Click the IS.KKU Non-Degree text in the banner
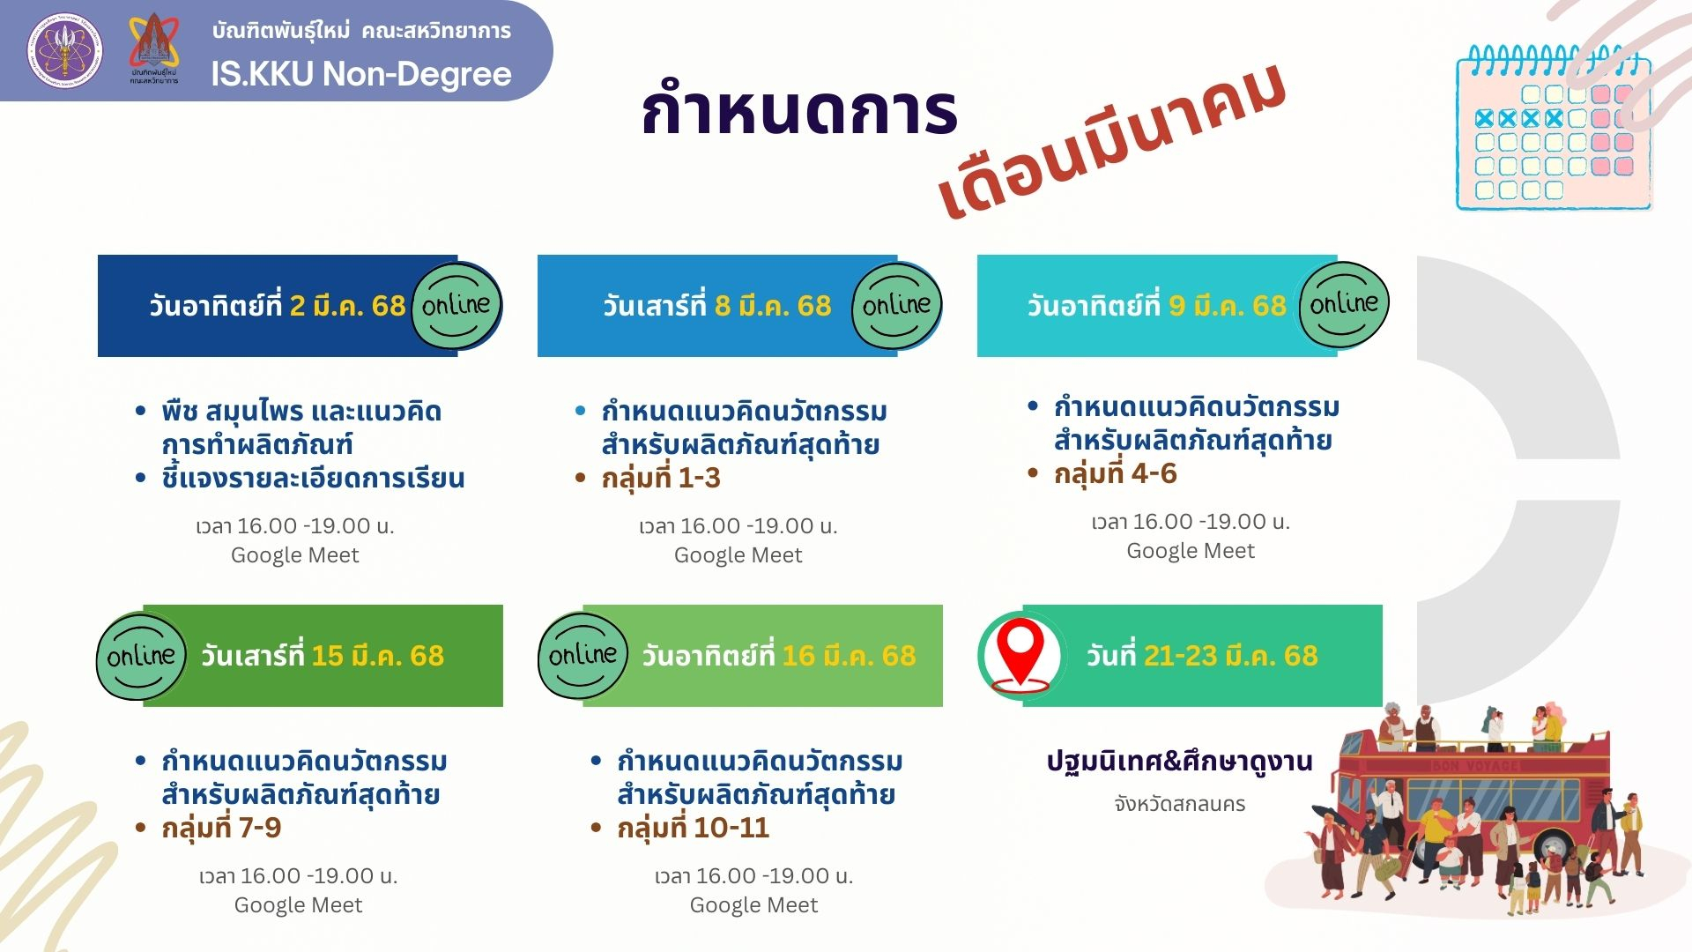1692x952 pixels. pyautogui.click(x=361, y=74)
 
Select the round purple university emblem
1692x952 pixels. pyautogui.click(x=63, y=50)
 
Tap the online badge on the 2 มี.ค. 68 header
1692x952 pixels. pyautogui.click(x=456, y=305)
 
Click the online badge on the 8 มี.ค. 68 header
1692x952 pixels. pyautogui.click(x=897, y=305)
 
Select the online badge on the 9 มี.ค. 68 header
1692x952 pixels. pyautogui.click(x=1344, y=304)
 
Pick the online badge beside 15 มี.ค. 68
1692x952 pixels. pyautogui.click(x=141, y=656)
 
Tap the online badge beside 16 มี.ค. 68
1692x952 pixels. pyautogui.click(x=583, y=655)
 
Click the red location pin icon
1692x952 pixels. pyautogui.click(x=1020, y=655)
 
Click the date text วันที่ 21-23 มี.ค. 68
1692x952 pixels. pyautogui.click(x=1202, y=656)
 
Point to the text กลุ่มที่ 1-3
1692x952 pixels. pyautogui.click(x=661, y=478)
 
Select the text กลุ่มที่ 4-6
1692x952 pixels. pyautogui.click(x=1116, y=473)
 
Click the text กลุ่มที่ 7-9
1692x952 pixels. pyautogui.click(x=221, y=828)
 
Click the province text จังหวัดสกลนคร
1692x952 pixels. pyautogui.click(x=1179, y=804)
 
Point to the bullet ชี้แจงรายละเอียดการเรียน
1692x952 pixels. pyautogui.click(x=313, y=478)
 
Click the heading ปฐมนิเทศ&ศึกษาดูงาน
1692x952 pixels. pyautogui.click(x=1179, y=761)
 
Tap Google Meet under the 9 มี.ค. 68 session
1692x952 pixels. pyautogui.click(x=1191, y=551)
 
